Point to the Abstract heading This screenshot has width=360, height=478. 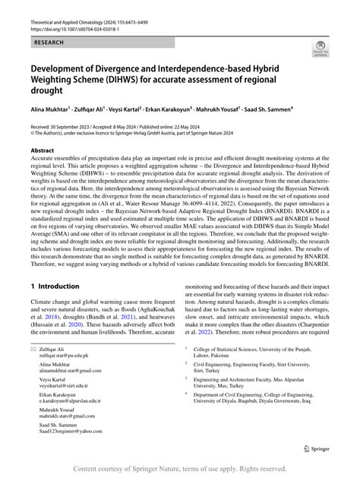coord(43,150)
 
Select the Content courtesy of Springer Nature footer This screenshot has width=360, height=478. coord(180,469)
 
